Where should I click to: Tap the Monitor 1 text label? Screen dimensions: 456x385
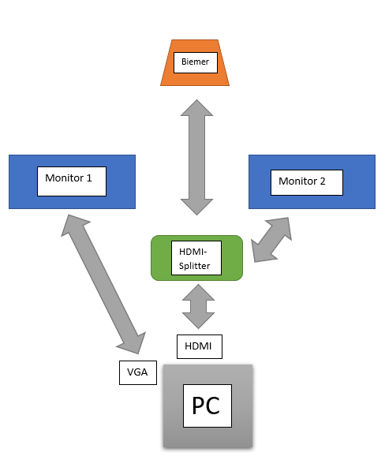coord(73,179)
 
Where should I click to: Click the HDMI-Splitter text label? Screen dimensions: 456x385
coord(196,258)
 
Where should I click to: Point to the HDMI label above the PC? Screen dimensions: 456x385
coord(198,346)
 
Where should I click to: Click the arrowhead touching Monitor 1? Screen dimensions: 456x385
coord(72,224)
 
